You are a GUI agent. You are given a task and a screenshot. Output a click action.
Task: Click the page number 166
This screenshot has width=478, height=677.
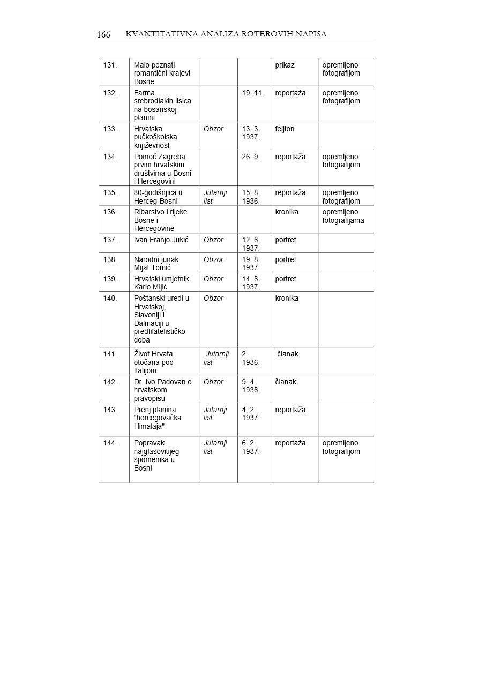coord(103,35)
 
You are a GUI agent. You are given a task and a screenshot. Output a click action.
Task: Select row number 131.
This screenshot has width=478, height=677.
coord(110,65)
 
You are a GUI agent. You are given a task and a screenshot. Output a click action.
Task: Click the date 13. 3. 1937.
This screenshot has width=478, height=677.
coord(251,133)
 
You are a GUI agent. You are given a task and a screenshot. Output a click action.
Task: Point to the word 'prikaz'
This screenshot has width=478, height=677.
coord(285,65)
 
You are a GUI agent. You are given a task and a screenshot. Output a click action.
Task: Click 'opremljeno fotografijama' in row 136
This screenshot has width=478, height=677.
coord(343,216)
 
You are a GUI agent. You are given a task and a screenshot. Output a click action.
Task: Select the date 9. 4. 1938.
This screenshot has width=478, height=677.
coord(250,386)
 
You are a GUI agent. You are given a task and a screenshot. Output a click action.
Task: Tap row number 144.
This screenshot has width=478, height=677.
coord(110,443)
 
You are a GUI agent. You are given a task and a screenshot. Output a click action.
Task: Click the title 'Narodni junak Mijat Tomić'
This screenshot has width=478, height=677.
coord(156,264)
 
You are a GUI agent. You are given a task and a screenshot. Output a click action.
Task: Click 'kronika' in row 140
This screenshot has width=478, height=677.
coord(287,299)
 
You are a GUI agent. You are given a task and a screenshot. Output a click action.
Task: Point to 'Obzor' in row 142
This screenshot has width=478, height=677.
coord(213,382)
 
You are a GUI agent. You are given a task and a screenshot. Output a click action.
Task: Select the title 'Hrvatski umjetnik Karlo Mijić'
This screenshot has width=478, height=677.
coord(161,283)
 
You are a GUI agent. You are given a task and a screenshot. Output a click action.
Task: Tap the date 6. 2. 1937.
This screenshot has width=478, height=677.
coord(250,447)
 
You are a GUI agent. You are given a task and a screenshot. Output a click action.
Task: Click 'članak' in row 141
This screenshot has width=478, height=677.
coord(288,354)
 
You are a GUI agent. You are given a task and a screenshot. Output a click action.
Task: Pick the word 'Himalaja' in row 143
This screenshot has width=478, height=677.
coord(152,427)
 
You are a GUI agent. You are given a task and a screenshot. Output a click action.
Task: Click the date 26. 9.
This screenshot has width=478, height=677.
coord(250,157)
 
